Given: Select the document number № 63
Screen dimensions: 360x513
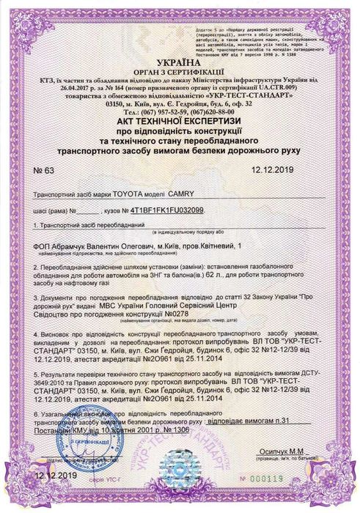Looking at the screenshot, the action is tap(45, 169).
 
